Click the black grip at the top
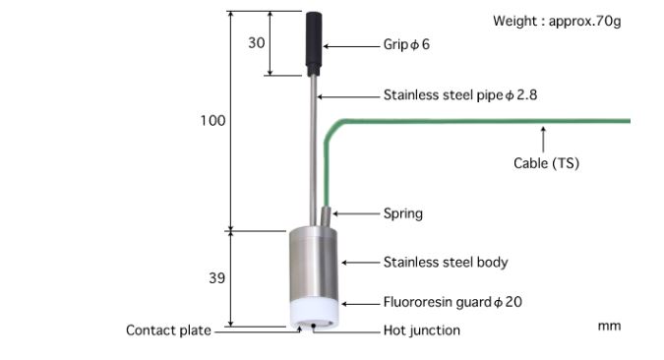coord(314,43)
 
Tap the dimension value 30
coord(256,42)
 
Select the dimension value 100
coord(212,121)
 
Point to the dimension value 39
coord(216,278)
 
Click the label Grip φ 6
coord(406,44)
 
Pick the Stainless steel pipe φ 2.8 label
coord(460,94)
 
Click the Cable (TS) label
coord(546,163)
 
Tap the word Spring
coord(402,213)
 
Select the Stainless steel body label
coord(446,263)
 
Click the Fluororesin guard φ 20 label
coord(453,302)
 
